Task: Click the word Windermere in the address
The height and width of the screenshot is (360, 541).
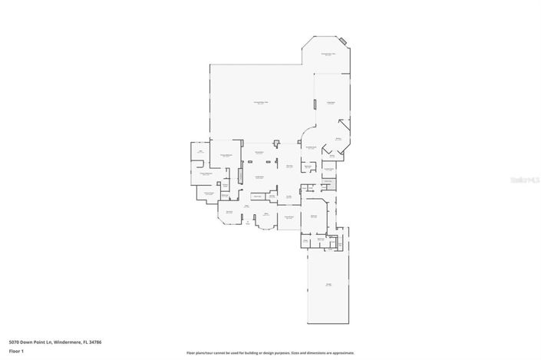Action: point(62,342)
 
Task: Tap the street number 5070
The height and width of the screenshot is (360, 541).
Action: point(15,342)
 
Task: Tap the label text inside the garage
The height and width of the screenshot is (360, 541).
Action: point(328,285)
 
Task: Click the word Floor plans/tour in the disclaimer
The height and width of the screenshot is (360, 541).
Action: point(201,354)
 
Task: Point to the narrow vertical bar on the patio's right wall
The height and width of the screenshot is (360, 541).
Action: point(313,104)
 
